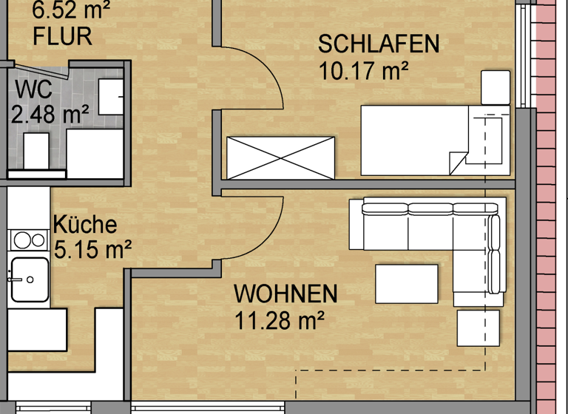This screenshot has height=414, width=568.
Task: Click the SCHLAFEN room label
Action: pyautogui.click(x=379, y=44)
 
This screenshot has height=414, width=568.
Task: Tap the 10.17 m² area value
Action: pyautogui.click(x=365, y=72)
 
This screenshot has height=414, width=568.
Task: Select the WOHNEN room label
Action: pyautogui.click(x=285, y=294)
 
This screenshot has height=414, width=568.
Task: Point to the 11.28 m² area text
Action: pyautogui.click(x=280, y=321)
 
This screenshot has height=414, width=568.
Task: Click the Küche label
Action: pyautogui.click(x=84, y=224)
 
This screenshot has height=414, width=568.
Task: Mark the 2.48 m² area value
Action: pyautogui.click(x=50, y=115)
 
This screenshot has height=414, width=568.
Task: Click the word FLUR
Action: pyautogui.click(x=63, y=35)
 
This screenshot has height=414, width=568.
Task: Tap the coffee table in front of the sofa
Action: pyautogui.click(x=407, y=284)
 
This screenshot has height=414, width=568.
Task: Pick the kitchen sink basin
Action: pyautogui.click(x=29, y=279)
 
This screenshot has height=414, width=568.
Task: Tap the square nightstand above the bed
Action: pyautogui.click(x=496, y=87)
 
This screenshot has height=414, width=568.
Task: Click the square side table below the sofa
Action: pyautogui.click(x=477, y=327)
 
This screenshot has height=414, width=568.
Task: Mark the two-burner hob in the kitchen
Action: pyautogui.click(x=27, y=240)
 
